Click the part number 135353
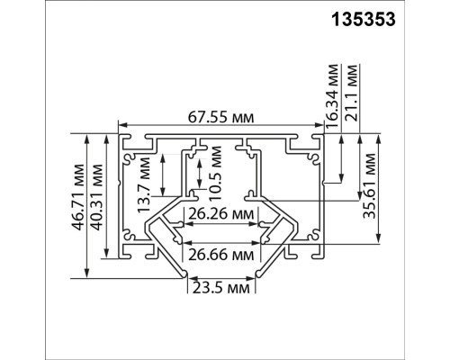pos(364,20)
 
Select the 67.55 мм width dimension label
pos(220,118)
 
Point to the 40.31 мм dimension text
pos(97,197)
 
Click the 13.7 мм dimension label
pos(143,184)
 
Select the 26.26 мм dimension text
pos(220,214)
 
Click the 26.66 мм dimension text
pos(220,256)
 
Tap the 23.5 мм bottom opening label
pos(220,288)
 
